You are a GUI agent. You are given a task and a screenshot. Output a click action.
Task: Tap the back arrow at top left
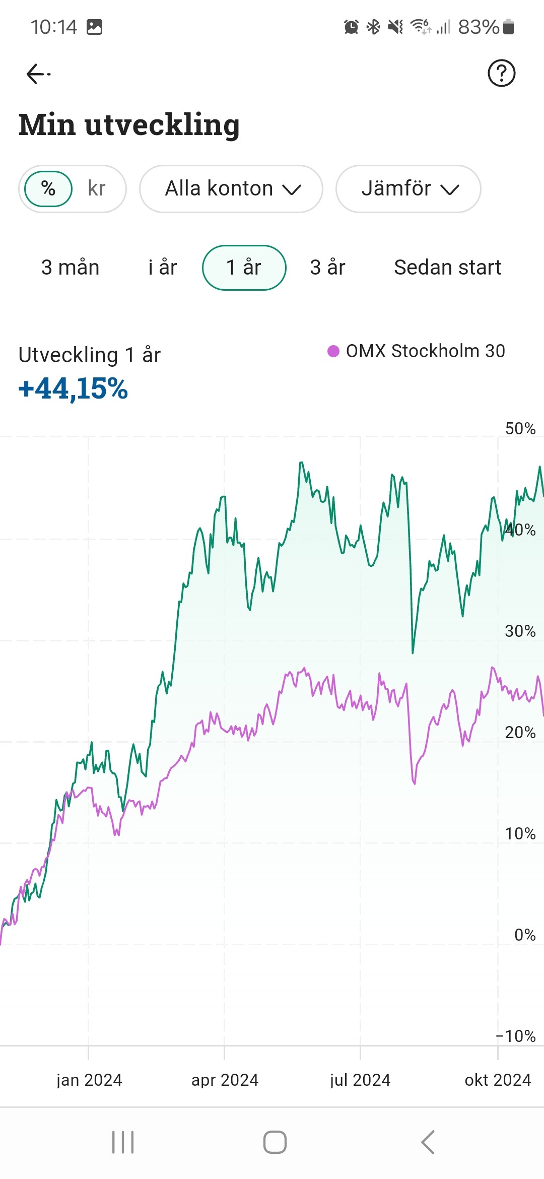coord(38,74)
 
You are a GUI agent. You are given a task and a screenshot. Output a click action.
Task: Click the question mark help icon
coord(501,74)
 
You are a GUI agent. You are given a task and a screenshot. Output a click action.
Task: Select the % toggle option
coord(48,189)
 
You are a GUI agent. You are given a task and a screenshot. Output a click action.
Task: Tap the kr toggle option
coord(96,189)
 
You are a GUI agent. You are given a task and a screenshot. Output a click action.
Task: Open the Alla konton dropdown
coord(231,189)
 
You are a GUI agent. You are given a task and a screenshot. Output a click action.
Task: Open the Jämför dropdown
coord(409,189)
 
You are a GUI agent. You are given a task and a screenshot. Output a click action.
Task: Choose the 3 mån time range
coord(70,268)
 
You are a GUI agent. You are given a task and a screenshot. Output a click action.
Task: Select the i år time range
coord(162,268)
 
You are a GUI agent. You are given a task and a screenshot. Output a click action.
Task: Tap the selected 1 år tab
coord(244,268)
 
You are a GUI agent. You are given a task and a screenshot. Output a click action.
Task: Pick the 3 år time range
coord(327,268)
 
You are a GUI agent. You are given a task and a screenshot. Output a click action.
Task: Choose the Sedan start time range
coord(447,268)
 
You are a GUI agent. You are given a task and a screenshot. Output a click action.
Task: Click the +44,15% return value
coord(74,388)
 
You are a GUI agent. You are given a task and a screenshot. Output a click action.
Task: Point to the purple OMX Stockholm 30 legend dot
coord(333,351)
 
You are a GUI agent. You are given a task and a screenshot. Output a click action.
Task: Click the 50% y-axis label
coord(520,429)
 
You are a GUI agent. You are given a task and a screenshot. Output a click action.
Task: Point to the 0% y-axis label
coord(524,935)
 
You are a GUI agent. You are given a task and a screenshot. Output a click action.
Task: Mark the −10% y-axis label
coord(516,1036)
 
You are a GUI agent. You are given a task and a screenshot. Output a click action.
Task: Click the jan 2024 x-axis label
coord(89,1080)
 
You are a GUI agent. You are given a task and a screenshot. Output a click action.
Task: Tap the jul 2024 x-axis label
coord(360,1080)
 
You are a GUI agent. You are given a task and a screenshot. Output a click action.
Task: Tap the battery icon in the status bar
coord(508,27)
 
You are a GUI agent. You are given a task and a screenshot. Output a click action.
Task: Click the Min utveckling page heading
coord(129,124)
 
